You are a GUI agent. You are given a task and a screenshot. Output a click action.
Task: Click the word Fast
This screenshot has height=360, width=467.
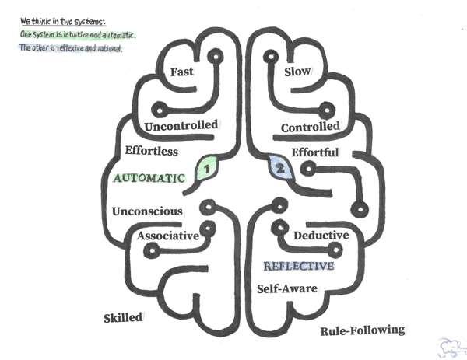187,72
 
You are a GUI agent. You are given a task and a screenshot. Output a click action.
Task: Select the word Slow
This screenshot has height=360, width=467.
297,72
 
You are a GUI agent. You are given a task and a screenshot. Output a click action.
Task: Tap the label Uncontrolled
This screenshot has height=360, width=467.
181,126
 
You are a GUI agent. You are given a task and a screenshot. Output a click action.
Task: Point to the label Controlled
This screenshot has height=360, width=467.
310,127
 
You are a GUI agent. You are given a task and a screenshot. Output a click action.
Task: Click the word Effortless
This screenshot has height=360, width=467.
151,150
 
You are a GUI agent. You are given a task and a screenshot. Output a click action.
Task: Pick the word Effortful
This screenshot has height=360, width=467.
314,152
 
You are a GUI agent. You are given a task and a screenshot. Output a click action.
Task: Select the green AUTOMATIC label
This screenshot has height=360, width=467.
149,177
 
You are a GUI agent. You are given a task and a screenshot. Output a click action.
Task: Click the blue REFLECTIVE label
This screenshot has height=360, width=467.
299,266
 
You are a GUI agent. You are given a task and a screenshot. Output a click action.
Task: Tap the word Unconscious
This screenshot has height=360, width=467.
147,211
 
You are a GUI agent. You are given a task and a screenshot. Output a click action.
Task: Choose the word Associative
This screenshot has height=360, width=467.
167,236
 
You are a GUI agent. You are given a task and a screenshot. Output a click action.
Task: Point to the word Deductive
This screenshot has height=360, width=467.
321,235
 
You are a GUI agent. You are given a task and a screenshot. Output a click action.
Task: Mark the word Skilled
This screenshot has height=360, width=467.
123,317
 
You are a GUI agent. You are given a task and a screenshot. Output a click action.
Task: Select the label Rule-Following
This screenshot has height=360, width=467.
363,330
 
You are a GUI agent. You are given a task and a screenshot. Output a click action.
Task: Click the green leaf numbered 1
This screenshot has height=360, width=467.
205,166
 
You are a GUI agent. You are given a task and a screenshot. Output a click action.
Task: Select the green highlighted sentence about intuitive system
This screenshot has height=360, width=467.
78,35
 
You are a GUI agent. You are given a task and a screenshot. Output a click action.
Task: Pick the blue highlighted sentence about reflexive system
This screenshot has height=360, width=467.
71,49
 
